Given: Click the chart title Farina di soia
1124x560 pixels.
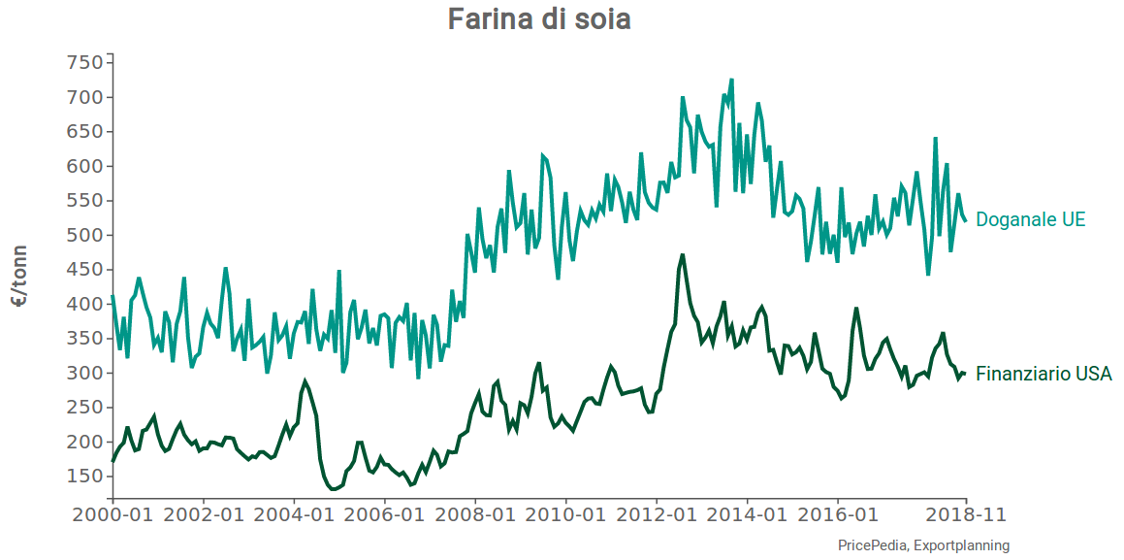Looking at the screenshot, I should tap(539, 19).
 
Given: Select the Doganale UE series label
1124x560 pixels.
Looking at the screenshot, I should tap(1030, 220).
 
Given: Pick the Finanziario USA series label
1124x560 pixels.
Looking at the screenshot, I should tap(1044, 374).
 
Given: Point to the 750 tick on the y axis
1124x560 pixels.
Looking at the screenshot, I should tap(84, 63).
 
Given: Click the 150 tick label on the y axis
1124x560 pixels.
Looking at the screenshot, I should tap(84, 477).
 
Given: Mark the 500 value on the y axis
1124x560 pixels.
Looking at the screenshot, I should tap(84, 236).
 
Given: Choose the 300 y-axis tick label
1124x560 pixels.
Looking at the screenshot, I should tap(84, 374).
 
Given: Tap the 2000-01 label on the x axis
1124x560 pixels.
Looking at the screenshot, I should tap(112, 514).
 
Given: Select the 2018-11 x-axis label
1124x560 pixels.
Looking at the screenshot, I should tap(967, 514).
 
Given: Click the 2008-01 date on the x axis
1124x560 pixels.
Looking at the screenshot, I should tap(475, 514).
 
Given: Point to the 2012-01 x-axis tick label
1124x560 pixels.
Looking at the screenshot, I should tap(657, 514).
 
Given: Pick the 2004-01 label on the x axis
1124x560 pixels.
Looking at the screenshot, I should tap(294, 514).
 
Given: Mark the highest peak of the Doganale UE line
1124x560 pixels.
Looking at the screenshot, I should tap(731, 80).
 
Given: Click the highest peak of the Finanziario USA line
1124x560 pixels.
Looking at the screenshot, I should tap(683, 255).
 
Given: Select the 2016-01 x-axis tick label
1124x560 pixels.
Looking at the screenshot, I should tap(838, 514).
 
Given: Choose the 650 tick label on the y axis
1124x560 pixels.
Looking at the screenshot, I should tap(84, 132).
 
